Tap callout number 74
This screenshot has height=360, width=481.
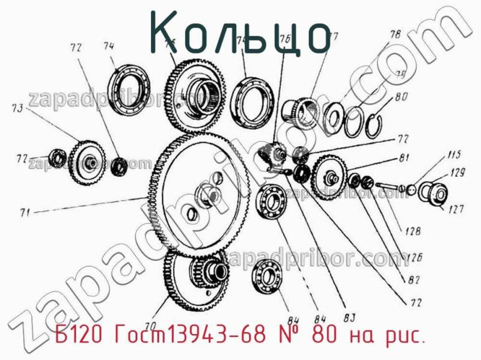pyautogui.click(x=109, y=46)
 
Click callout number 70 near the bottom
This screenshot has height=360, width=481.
pyautogui.click(x=151, y=312)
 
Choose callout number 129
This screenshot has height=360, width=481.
pyautogui.click(x=458, y=174)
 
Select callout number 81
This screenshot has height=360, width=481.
pyautogui.click(x=403, y=157)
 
